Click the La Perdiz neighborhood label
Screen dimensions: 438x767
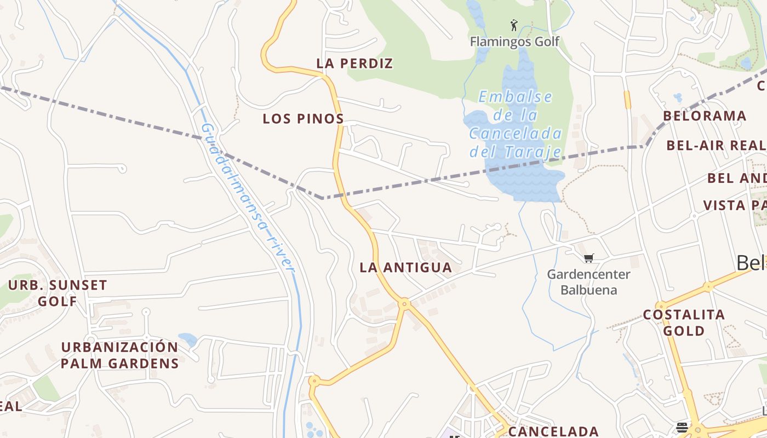click(x=354, y=64)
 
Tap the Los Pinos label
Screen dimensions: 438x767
click(x=303, y=119)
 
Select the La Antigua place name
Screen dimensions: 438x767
click(x=405, y=268)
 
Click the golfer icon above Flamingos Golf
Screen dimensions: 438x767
click(x=514, y=25)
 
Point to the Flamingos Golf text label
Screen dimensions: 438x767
click(x=514, y=42)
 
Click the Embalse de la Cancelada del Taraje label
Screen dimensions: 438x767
click(x=516, y=124)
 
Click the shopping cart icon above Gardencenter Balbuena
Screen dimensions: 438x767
click(x=588, y=258)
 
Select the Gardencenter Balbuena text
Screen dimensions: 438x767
click(x=588, y=282)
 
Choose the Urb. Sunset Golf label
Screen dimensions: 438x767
click(x=58, y=293)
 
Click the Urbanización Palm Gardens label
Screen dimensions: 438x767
click(x=119, y=355)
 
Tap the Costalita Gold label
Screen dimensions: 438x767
click(x=684, y=322)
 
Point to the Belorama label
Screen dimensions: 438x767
click(x=705, y=116)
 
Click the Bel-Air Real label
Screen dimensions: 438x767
click(x=716, y=146)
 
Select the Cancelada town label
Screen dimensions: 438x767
click(x=553, y=431)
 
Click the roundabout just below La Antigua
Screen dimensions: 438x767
click(x=404, y=303)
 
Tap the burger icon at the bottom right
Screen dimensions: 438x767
click(x=682, y=427)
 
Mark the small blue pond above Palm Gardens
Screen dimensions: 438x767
click(x=187, y=339)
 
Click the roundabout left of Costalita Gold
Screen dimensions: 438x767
click(x=661, y=306)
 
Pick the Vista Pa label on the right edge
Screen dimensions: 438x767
click(x=734, y=205)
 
